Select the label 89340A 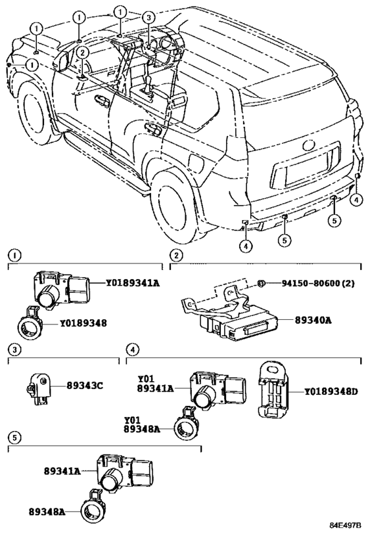click(313, 320)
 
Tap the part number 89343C click(85, 386)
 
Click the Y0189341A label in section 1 click(133, 282)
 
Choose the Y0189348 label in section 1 click(83, 323)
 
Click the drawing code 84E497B click(346, 525)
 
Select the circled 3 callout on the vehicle click(148, 18)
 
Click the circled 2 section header click(176, 255)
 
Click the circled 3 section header click(14, 349)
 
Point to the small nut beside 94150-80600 click(261, 283)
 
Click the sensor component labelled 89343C click(39, 389)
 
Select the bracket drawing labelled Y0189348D click(273, 389)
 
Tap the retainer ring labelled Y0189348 click(29, 324)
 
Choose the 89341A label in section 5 click(62, 471)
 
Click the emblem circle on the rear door click(309, 145)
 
